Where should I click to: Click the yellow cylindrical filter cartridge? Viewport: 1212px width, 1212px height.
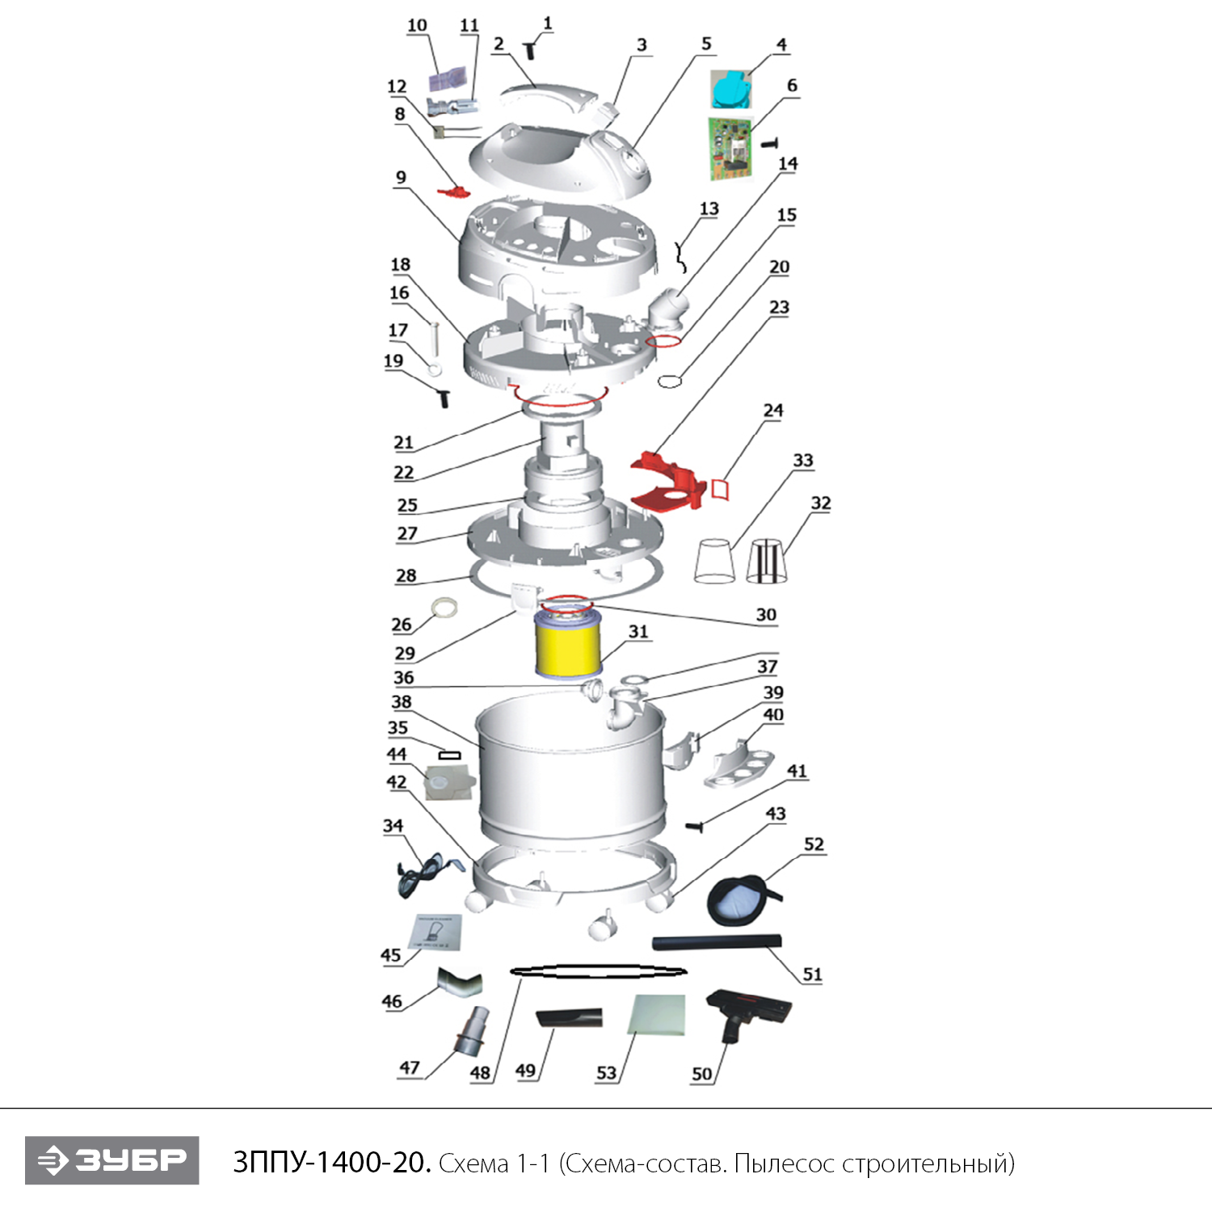point(568,644)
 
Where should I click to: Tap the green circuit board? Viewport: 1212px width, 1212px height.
point(732,149)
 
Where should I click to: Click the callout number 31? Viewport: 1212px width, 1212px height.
point(638,631)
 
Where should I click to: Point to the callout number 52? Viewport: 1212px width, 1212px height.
point(814,844)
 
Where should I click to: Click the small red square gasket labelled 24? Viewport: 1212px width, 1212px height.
point(720,488)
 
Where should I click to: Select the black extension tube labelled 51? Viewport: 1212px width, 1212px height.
point(717,942)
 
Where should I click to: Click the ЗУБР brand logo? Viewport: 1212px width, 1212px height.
point(112,1160)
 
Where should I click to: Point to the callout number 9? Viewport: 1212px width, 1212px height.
point(401,178)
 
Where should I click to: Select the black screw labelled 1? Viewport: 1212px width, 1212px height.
point(530,51)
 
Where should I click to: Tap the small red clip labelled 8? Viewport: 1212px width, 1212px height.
point(453,192)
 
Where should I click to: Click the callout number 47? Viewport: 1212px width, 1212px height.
point(410,1067)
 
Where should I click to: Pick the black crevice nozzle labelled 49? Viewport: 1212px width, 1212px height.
point(570,1016)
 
